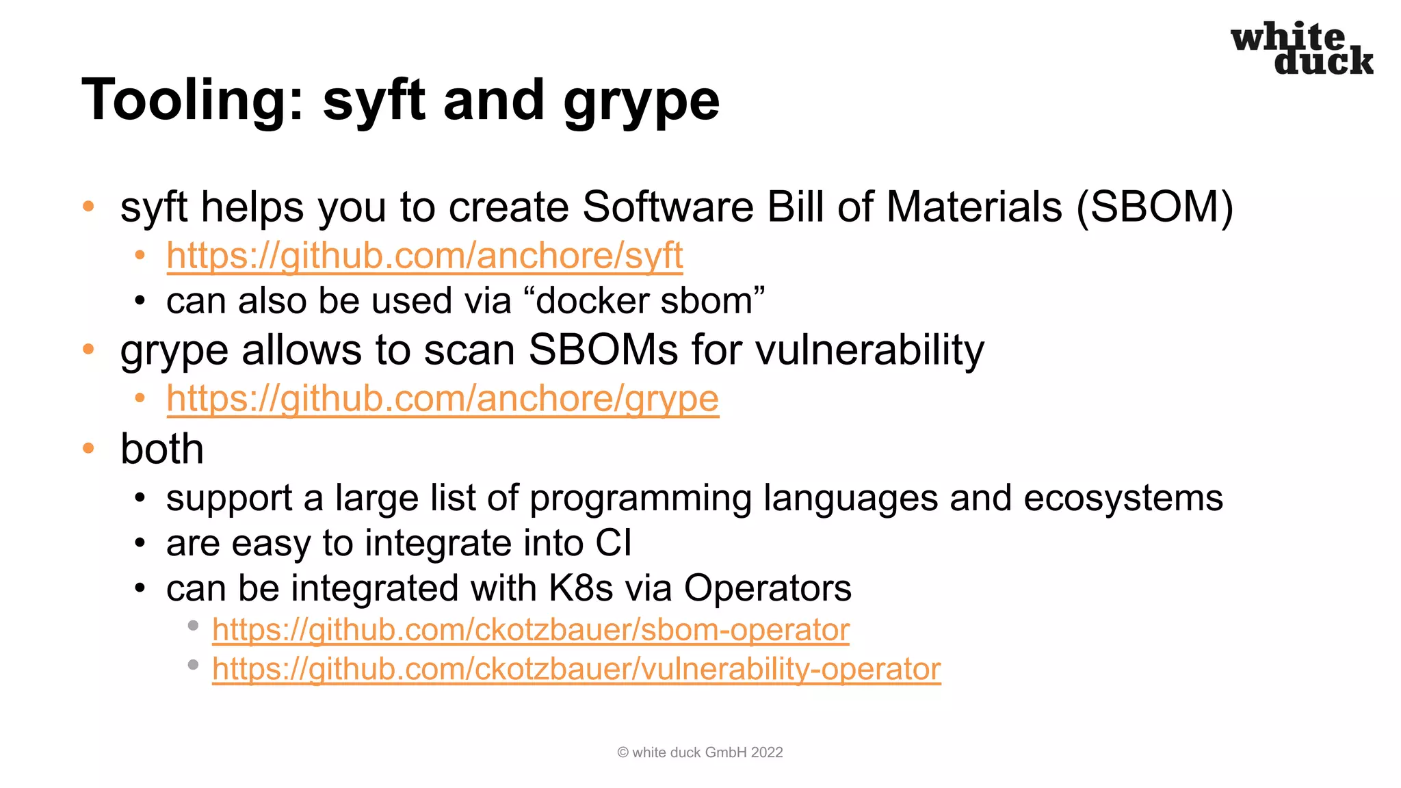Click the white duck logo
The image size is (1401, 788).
tap(1302, 49)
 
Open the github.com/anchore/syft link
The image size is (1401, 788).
tap(424, 256)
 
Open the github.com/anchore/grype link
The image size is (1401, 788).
tap(442, 399)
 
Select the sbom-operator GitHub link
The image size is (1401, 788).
tap(530, 630)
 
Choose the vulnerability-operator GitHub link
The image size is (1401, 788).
tap(576, 669)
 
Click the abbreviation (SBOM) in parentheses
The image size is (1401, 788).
tap(1155, 207)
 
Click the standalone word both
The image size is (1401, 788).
tap(162, 449)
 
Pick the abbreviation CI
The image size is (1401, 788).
tap(613, 543)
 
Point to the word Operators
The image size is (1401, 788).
tap(768, 588)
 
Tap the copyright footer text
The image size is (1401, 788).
tap(700, 752)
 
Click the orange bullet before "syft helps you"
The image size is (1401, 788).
tap(88, 206)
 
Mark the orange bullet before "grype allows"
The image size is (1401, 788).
tap(88, 350)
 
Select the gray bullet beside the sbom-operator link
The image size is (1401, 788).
tap(193, 625)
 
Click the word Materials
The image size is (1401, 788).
tap(974, 207)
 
